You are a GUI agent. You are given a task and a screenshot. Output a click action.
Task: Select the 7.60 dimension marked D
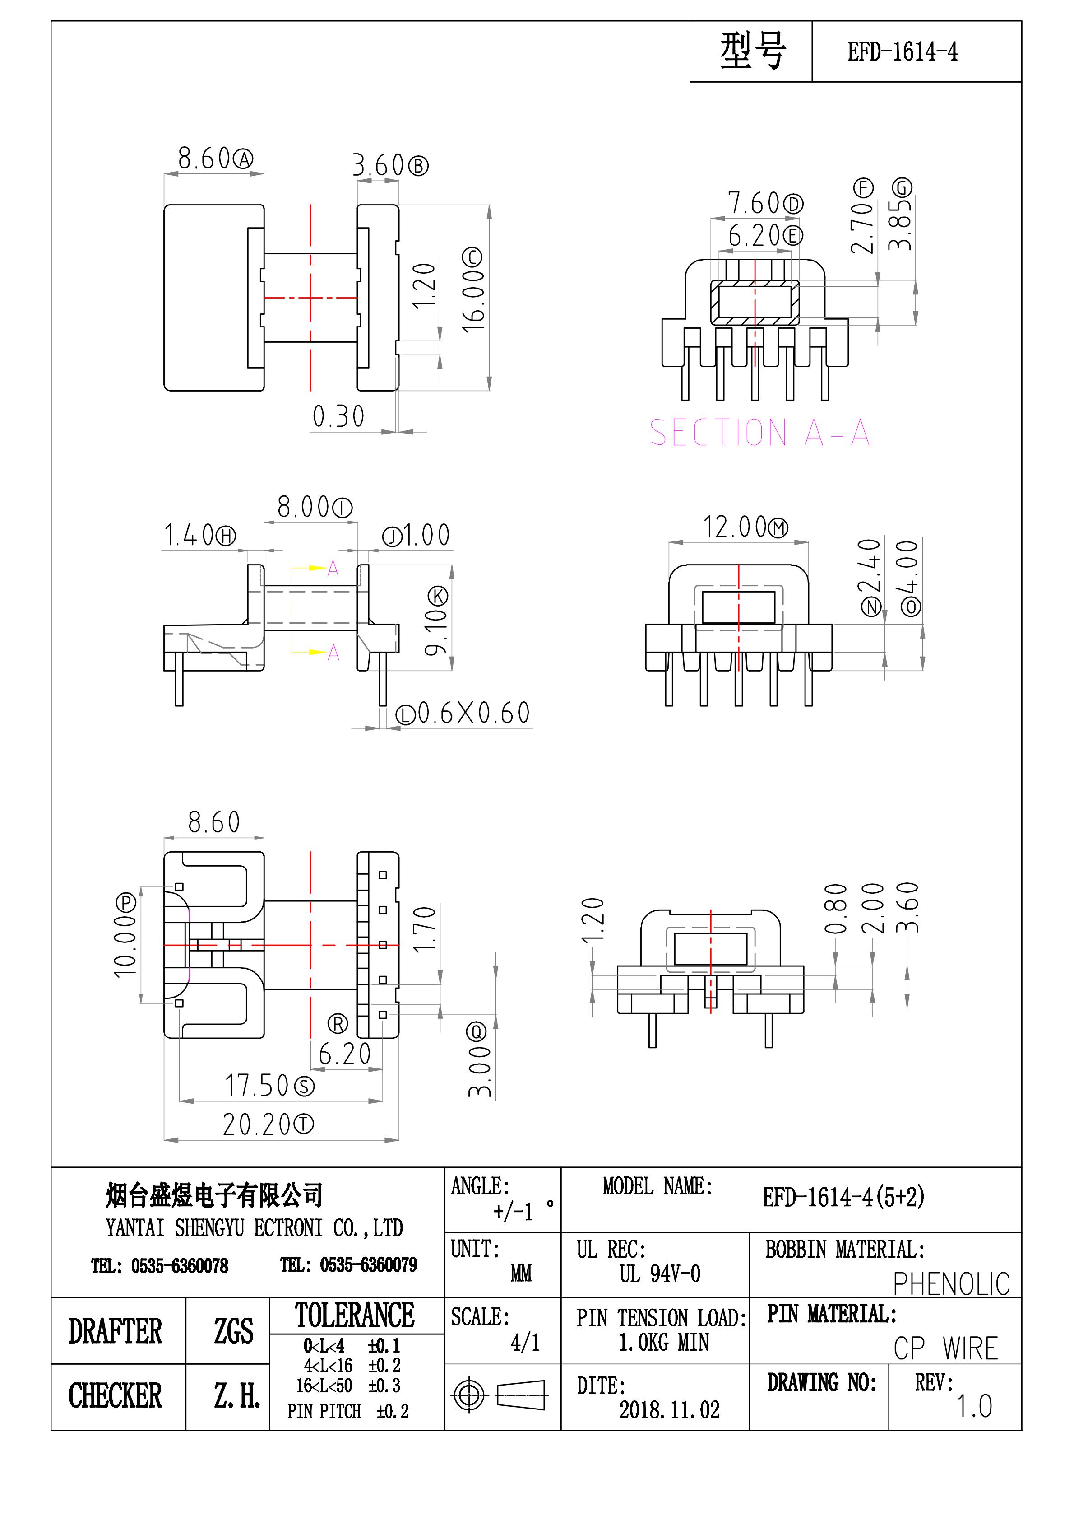pyautogui.click(x=755, y=203)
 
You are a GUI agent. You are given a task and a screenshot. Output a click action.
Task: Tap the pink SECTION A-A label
pyautogui.click(x=759, y=433)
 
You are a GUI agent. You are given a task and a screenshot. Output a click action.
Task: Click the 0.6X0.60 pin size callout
pyautogui.click(x=473, y=713)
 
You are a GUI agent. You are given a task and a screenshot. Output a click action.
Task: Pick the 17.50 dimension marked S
pyautogui.click(x=258, y=1086)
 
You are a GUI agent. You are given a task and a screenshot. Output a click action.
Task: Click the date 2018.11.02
pyautogui.click(x=669, y=1410)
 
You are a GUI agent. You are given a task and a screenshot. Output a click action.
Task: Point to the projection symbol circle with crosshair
pyautogui.click(x=469, y=1396)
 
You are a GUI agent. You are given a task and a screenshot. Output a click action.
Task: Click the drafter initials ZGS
pyautogui.click(x=233, y=1331)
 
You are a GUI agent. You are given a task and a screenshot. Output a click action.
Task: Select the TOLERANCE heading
pyautogui.click(x=355, y=1316)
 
